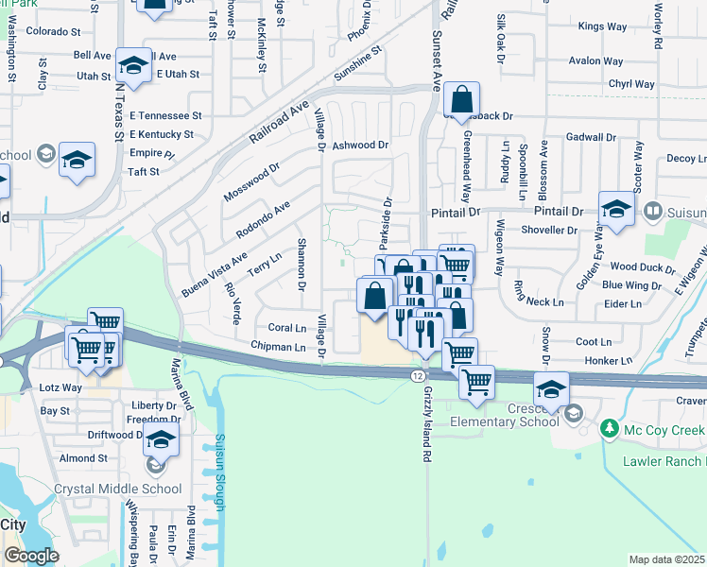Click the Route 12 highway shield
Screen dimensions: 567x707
click(418, 375)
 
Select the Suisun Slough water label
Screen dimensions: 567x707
click(219, 472)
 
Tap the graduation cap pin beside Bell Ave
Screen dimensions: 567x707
click(134, 65)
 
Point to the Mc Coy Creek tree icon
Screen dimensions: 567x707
click(609, 430)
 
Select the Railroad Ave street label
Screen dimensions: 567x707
click(280, 123)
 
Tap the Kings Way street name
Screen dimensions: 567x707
click(602, 26)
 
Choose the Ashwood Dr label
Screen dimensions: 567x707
click(360, 146)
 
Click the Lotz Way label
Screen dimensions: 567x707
click(60, 387)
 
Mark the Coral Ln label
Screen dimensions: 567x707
click(287, 328)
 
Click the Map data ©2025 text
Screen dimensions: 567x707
click(666, 559)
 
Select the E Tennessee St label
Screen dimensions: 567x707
click(166, 114)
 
